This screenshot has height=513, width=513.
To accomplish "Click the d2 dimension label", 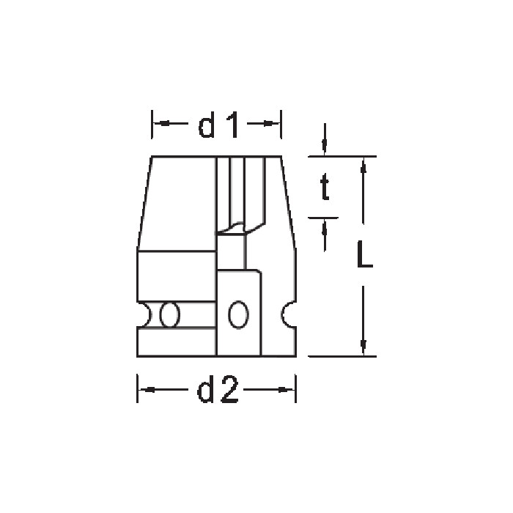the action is click(x=218, y=389).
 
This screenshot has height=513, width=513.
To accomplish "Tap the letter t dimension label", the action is click(x=325, y=186).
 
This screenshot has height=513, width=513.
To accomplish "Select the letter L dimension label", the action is click(x=364, y=254).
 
